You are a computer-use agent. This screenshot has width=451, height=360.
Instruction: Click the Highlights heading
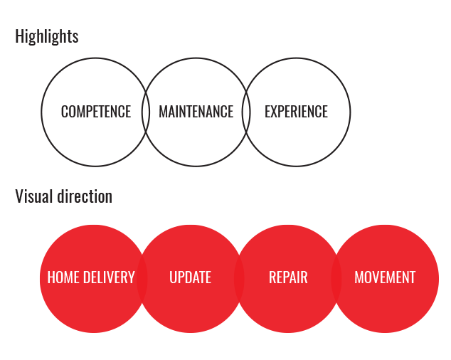(x=47, y=36)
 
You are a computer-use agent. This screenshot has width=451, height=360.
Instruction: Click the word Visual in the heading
(x=34, y=196)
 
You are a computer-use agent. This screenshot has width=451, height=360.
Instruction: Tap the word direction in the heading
(x=85, y=196)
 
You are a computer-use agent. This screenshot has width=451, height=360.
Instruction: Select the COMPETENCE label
(x=96, y=112)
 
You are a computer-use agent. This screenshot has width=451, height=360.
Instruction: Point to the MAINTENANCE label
(x=196, y=112)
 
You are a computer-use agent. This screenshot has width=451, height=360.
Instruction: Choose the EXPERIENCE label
(x=296, y=112)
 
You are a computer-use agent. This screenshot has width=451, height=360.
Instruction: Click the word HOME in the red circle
(x=63, y=277)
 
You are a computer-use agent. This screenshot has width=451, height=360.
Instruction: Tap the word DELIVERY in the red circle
(x=109, y=277)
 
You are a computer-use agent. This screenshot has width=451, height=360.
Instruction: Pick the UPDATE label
(x=191, y=277)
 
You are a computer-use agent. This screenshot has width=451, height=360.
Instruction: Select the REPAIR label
(x=288, y=277)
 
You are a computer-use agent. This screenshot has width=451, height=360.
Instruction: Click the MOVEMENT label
(x=385, y=277)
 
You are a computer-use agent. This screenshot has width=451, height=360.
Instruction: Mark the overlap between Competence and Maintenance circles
(x=146, y=112)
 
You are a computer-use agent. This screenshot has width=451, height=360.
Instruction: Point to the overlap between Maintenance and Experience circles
(x=246, y=112)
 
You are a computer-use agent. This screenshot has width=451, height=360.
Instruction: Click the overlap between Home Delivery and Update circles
(x=142, y=279)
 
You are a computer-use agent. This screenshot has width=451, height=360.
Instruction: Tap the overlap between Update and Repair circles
(x=239, y=279)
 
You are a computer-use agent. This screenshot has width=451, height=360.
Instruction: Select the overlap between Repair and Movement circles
(x=336, y=279)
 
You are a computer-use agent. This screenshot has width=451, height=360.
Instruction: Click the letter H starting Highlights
(x=19, y=36)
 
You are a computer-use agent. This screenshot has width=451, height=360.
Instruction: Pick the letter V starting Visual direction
(x=19, y=196)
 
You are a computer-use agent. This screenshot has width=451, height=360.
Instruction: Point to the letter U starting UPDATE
(x=173, y=277)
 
